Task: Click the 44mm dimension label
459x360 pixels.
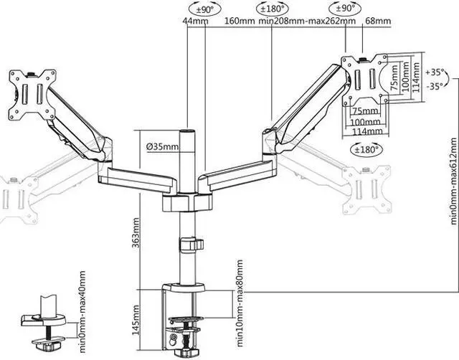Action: (195, 22)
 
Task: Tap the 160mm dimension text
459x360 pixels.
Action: (240, 22)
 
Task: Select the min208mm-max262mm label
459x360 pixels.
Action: (308, 22)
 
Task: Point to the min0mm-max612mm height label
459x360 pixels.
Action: (453, 183)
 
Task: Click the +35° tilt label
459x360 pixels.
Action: (435, 72)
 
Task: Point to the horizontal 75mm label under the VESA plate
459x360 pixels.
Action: (366, 111)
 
